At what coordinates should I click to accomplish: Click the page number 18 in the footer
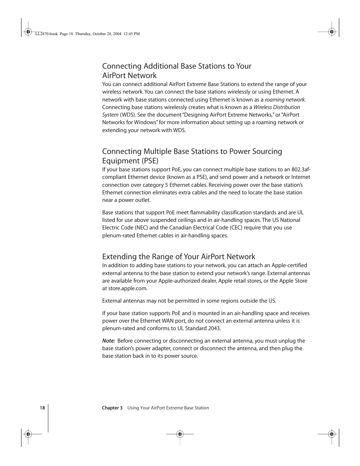click(42, 408)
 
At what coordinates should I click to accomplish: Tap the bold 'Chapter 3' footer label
click(112, 408)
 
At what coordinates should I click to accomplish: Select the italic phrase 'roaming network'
click(285, 100)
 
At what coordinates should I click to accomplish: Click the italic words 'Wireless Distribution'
click(277, 107)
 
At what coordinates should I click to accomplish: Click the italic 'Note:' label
click(109, 341)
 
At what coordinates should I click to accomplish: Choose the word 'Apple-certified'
click(289, 265)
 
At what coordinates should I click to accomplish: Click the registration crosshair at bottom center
click(180, 434)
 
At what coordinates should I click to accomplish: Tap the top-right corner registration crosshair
click(332, 32)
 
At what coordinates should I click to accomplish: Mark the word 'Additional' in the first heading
click(161, 66)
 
